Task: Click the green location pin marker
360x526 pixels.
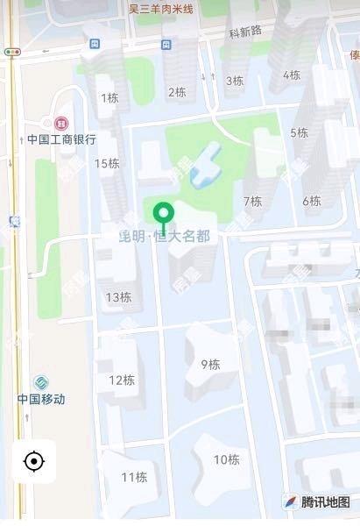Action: (x=162, y=214)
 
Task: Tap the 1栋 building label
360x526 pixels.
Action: (x=109, y=98)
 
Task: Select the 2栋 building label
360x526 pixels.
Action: (x=176, y=91)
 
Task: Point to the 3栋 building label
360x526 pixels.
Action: (x=234, y=81)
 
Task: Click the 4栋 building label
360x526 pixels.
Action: (x=291, y=75)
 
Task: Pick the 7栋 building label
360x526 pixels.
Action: (x=252, y=201)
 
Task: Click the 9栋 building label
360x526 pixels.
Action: (x=210, y=364)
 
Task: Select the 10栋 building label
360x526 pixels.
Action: (x=226, y=458)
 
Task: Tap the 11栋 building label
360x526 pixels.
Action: (x=134, y=477)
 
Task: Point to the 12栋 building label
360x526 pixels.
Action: (x=122, y=380)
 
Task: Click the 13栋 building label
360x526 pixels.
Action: (x=118, y=297)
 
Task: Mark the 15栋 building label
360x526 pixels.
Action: (x=107, y=163)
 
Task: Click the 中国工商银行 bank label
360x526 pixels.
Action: (x=61, y=139)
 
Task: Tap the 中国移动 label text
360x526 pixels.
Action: (x=40, y=399)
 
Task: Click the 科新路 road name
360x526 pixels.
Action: (x=245, y=32)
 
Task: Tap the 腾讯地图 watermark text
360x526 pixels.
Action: (x=325, y=502)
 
